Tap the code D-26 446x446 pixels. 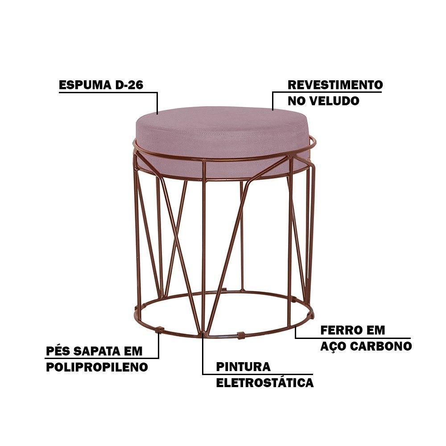click(x=129, y=85)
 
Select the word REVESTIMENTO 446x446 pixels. click(x=335, y=85)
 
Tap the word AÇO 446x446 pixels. click(x=333, y=346)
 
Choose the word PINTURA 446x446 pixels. click(x=243, y=367)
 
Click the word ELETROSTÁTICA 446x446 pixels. click(x=265, y=383)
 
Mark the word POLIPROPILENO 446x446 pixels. click(x=97, y=367)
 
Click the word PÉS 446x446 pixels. click(x=58, y=351)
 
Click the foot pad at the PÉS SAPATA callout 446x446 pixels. click(x=160, y=330)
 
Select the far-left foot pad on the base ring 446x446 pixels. click(x=137, y=308)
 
